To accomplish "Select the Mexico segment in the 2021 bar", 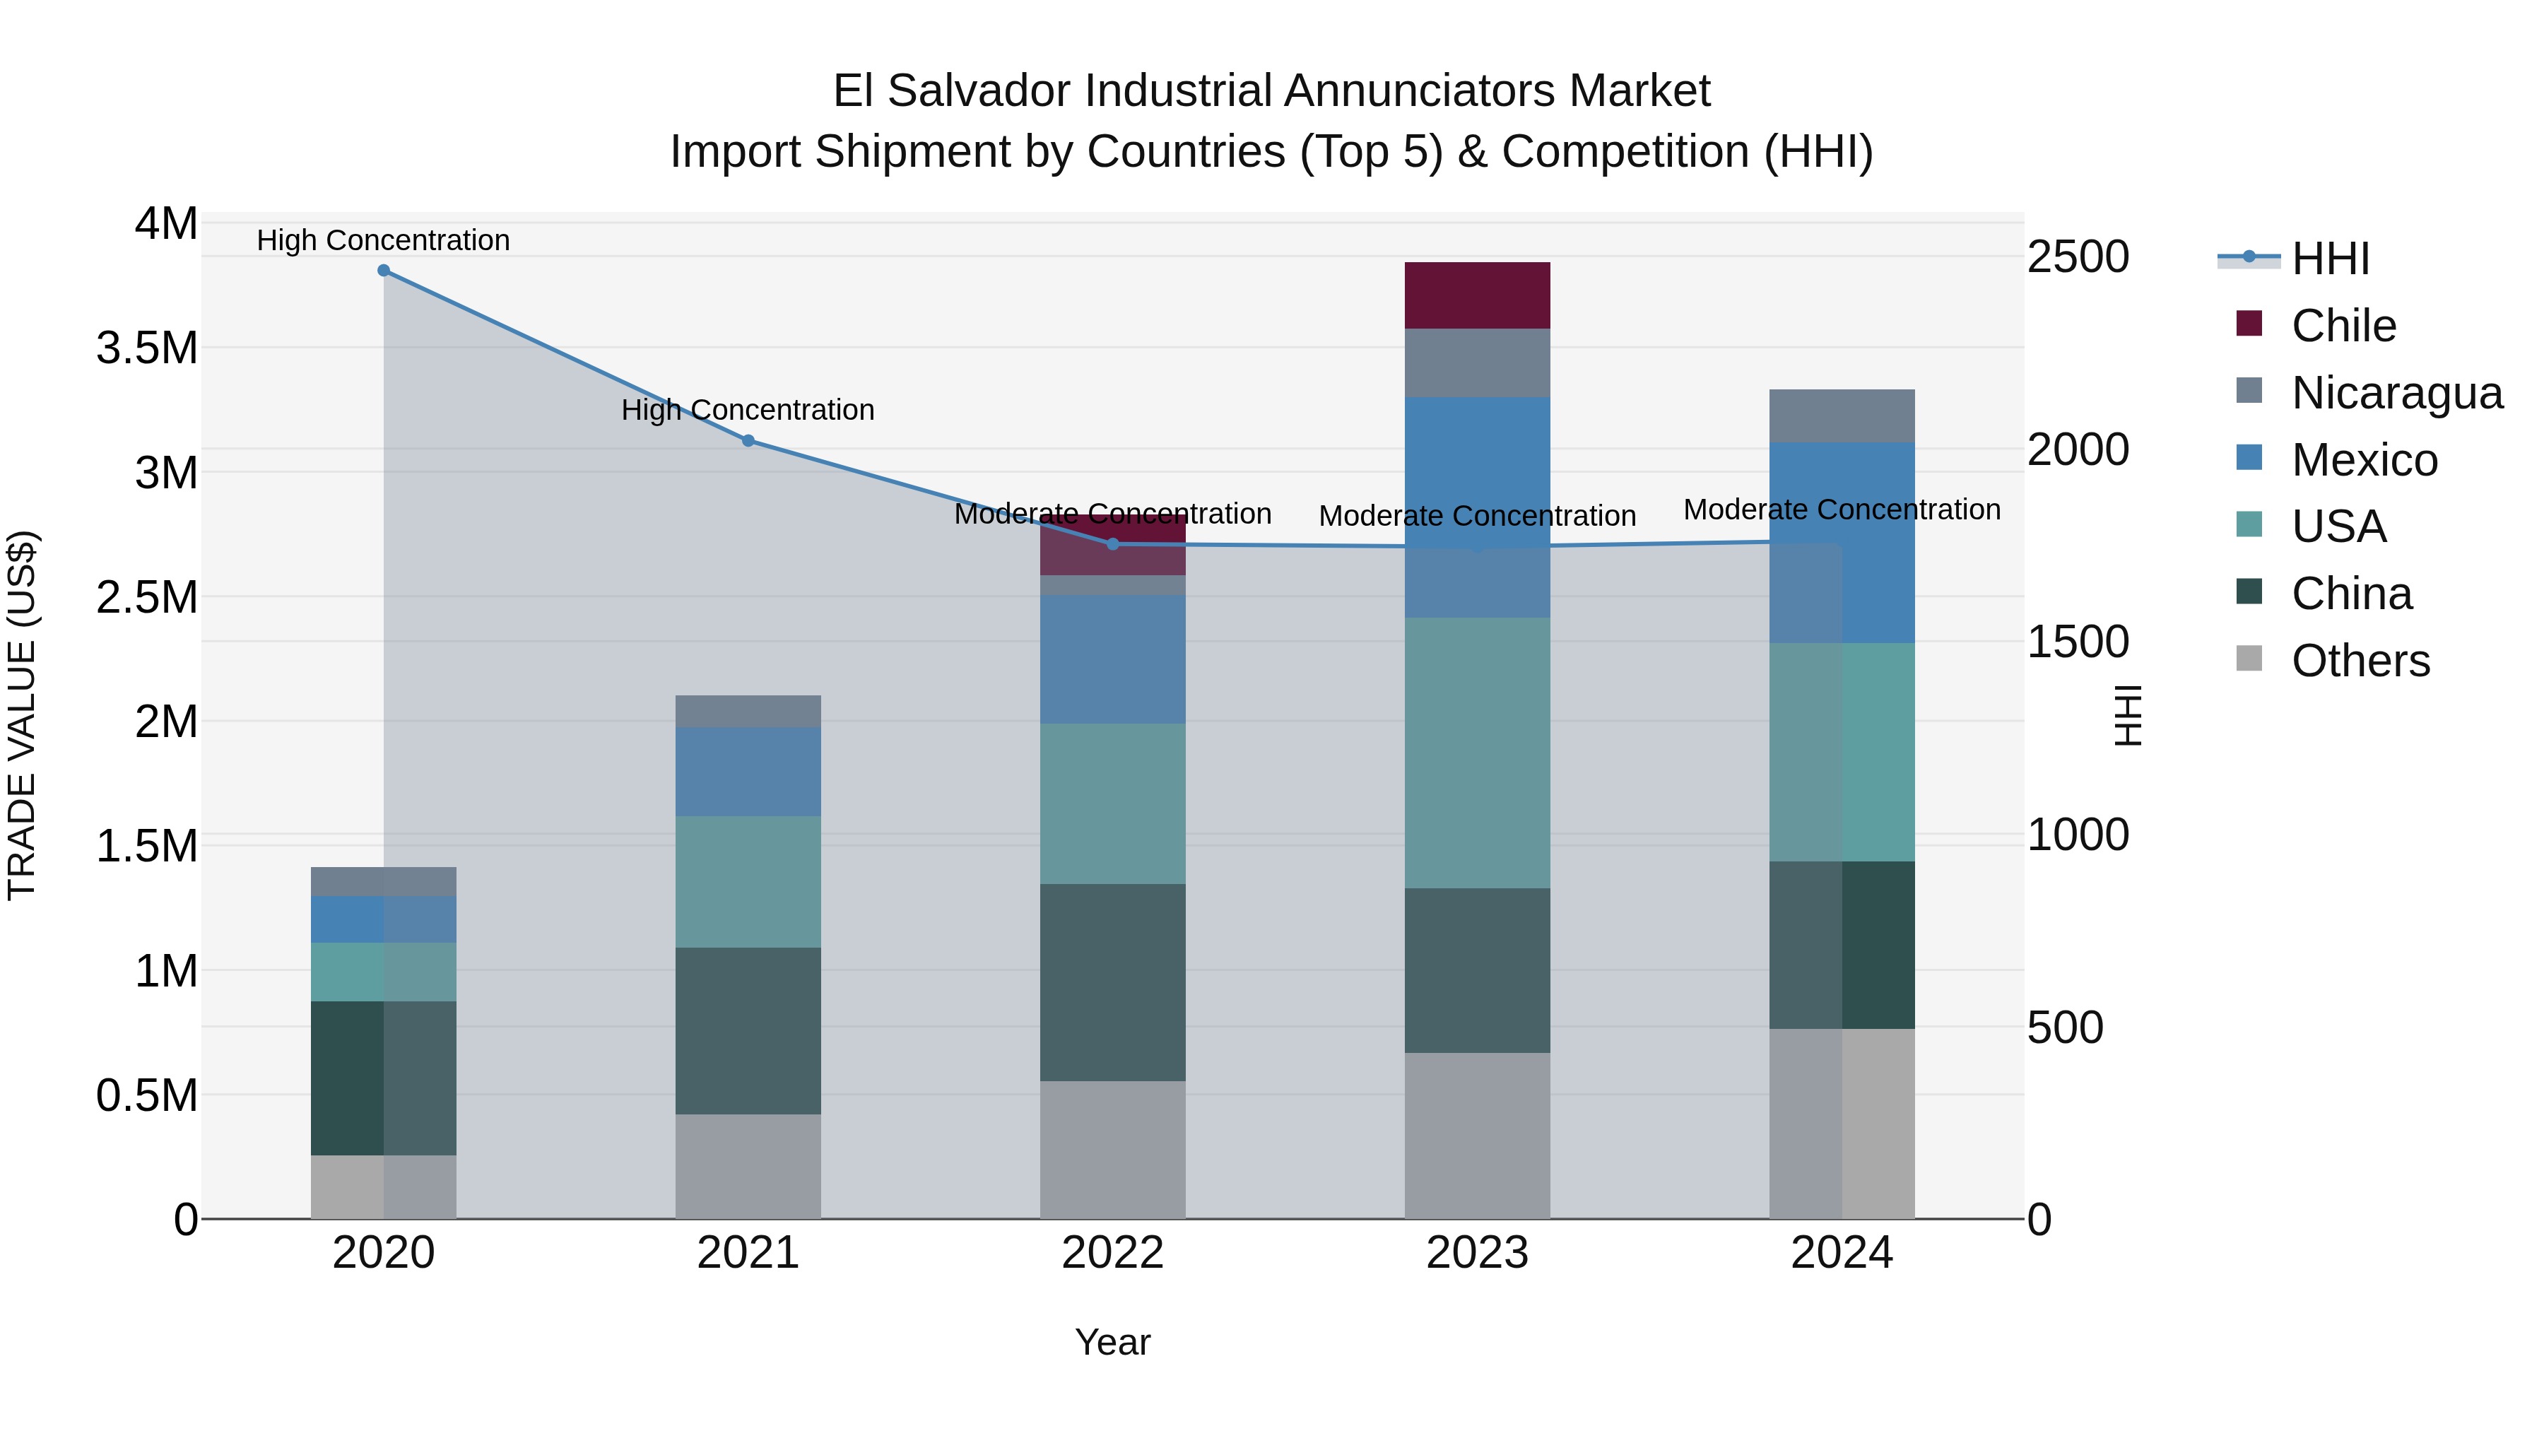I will (x=748, y=771).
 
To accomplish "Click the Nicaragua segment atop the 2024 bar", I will (x=1841, y=416).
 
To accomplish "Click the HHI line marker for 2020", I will (x=383, y=271).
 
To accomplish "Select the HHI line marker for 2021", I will (x=748, y=440).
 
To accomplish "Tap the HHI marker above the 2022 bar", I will (x=1112, y=544).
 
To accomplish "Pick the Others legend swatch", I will (x=2249, y=659).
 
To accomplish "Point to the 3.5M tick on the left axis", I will (x=146, y=348).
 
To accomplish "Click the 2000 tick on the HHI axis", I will (x=2078, y=449).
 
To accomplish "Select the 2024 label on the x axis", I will (x=1841, y=1253).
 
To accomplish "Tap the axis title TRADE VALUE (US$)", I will (x=22, y=715).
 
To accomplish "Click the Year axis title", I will (x=1112, y=1342).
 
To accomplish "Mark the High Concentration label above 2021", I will (x=748, y=410).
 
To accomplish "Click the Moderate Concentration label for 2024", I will (x=1841, y=510).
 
